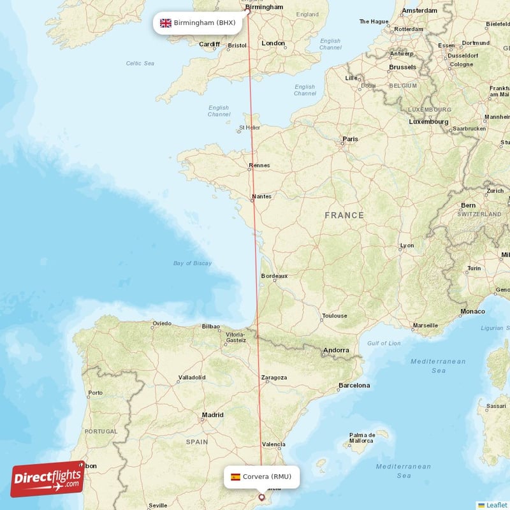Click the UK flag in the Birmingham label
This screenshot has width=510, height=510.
point(166,23)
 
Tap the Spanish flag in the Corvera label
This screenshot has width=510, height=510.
point(235,476)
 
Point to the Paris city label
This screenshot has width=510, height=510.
point(350,139)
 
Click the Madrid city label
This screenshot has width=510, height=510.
point(212,415)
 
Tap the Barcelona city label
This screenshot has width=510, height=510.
point(354,385)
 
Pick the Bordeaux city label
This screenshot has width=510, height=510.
point(275,276)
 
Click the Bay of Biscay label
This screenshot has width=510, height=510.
point(193,263)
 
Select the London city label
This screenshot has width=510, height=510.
point(273,43)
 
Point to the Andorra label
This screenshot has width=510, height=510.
point(336,350)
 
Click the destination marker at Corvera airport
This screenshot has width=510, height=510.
point(261,497)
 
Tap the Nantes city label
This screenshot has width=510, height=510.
point(262,196)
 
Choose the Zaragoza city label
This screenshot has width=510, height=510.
point(273,377)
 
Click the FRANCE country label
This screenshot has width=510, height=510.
point(344,215)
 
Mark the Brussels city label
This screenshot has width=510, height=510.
point(402,67)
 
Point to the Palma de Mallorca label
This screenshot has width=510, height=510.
point(361,438)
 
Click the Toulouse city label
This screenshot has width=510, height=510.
point(335,316)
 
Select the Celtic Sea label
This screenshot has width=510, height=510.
point(140,63)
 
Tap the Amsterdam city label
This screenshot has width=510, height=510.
point(420,11)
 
